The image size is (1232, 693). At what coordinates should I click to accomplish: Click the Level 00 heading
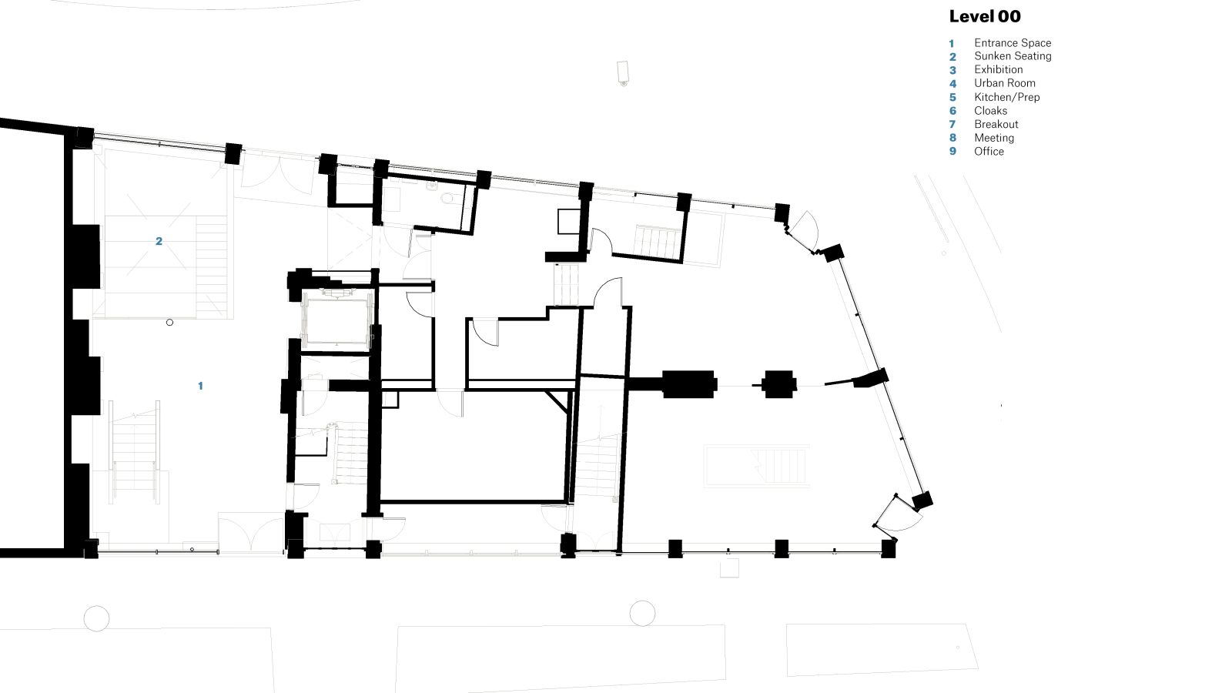[x=985, y=16]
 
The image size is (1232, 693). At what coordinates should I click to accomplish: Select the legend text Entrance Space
[x=1013, y=43]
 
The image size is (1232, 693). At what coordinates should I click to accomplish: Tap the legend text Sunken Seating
[x=1013, y=56]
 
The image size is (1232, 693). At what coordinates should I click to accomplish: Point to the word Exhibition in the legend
[x=998, y=70]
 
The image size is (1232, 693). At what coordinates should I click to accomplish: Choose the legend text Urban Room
[x=1004, y=83]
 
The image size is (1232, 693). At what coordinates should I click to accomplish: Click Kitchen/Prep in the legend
[x=1006, y=97]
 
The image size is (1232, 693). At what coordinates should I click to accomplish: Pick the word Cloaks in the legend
[x=990, y=111]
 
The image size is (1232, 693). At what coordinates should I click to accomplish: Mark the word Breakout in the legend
[x=996, y=124]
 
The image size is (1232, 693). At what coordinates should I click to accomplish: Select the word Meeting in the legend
[x=994, y=138]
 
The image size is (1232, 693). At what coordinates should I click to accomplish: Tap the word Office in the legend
[x=989, y=151]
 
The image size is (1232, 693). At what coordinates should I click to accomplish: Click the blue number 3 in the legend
[x=952, y=70]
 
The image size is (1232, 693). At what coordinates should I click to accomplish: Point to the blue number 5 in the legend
[x=952, y=97]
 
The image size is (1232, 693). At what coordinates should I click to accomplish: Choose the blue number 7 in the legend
[x=952, y=124]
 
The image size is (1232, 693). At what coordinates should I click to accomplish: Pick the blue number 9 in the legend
[x=952, y=151]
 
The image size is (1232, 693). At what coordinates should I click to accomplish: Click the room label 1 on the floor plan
[x=200, y=386]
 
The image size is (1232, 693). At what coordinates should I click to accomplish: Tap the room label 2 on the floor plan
[x=159, y=241]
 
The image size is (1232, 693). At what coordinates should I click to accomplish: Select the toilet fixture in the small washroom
[x=447, y=198]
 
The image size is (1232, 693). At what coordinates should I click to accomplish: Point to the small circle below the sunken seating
[x=169, y=323]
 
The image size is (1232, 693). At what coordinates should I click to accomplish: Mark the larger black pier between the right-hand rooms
[x=689, y=384]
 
